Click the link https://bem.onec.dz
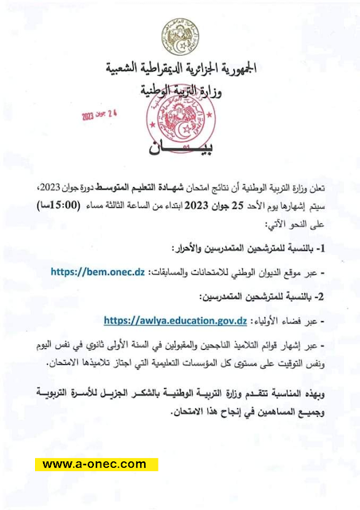(97, 273)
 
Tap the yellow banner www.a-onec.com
(95, 464)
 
